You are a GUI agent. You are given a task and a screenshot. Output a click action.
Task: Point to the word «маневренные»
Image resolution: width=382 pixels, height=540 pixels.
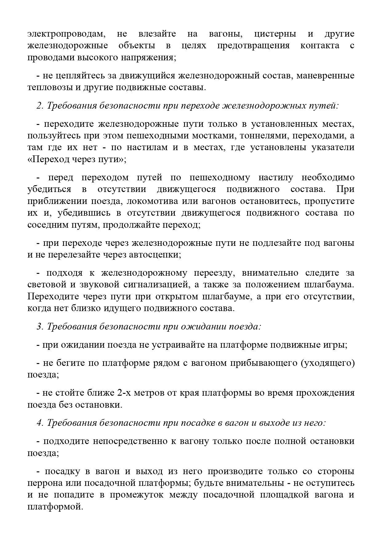[325, 76]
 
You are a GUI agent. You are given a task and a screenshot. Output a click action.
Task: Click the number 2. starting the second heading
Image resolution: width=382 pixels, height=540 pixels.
[40, 106]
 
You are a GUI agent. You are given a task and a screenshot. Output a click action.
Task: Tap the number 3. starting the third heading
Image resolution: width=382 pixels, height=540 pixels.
[40, 326]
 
